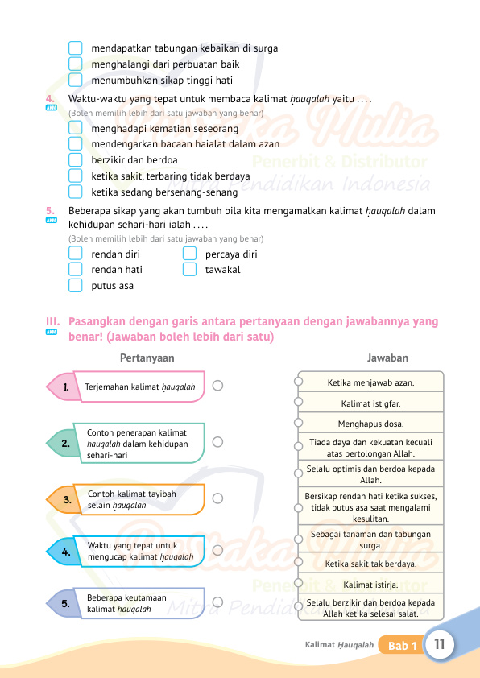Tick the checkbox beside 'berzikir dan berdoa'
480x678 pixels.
coord(76,159)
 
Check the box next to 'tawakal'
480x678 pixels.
coord(190,270)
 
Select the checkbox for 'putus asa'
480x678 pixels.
coord(76,286)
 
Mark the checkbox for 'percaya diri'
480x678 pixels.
coord(190,254)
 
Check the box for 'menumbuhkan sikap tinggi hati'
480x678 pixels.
coord(76,80)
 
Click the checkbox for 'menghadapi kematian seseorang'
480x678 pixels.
coord(76,128)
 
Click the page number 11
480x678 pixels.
coord(440,645)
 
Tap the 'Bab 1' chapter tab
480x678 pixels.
coord(402,646)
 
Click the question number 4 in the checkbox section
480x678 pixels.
coord(50,99)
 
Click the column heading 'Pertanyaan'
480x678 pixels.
coord(147,358)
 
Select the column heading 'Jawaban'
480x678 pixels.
coord(387,358)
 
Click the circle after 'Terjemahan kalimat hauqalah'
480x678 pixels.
coord(217,387)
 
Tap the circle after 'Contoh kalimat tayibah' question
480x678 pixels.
coord(217,499)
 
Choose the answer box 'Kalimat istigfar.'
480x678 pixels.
coord(371,403)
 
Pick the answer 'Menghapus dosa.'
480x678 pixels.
coord(371,423)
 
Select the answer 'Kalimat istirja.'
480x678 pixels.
coord(371,585)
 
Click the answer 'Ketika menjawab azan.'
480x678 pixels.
coord(371,382)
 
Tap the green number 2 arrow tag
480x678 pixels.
coord(61,443)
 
